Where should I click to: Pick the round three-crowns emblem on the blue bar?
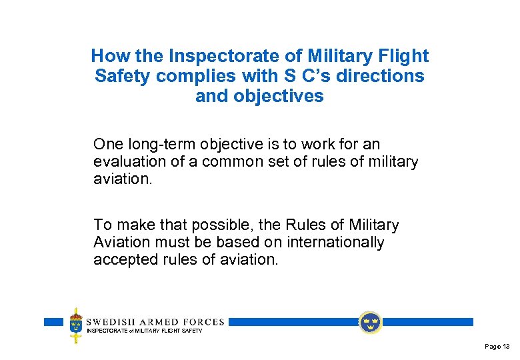(370, 323)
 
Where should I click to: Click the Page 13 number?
(497, 347)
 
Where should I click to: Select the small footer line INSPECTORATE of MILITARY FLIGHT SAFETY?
(144, 331)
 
